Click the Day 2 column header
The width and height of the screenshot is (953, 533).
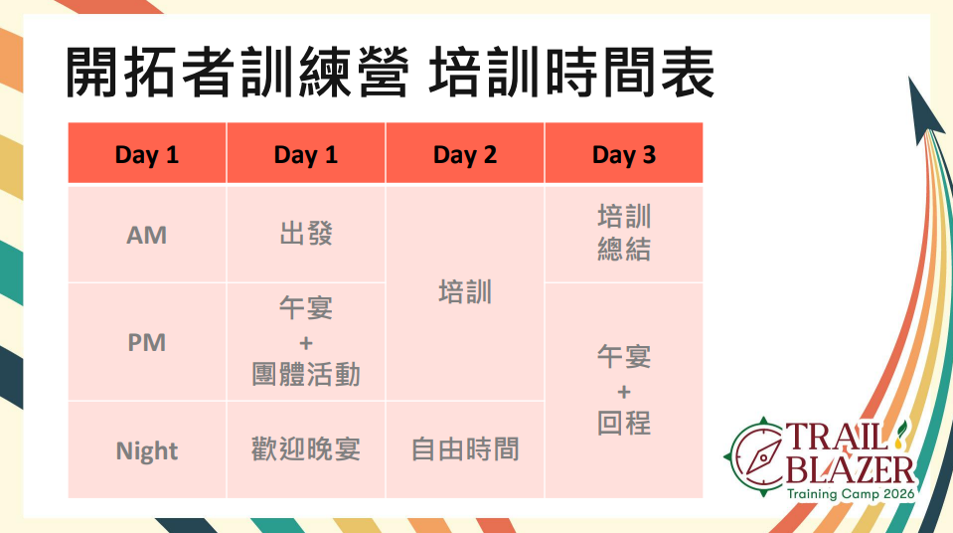pos(465,153)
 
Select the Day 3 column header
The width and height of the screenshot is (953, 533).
pos(624,153)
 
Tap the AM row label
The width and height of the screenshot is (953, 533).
pos(146,235)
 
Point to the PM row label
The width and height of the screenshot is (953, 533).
pos(146,342)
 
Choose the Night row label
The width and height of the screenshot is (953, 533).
pos(146,450)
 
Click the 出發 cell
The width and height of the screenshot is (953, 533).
pos(306,234)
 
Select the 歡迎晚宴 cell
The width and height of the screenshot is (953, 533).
pos(306,449)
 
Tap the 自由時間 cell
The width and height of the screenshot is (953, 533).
pos(465,449)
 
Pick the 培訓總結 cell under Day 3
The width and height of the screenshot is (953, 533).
pos(624,234)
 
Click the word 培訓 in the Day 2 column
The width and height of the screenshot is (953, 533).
pos(465,292)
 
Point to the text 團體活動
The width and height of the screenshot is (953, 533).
pos(306,374)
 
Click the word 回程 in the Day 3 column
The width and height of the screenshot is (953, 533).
pos(624,423)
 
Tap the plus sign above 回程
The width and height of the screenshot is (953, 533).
pos(624,391)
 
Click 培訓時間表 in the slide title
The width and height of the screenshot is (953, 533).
pos(571,73)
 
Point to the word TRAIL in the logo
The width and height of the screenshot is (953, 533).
pos(838,436)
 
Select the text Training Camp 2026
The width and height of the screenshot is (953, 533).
pos(851,493)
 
